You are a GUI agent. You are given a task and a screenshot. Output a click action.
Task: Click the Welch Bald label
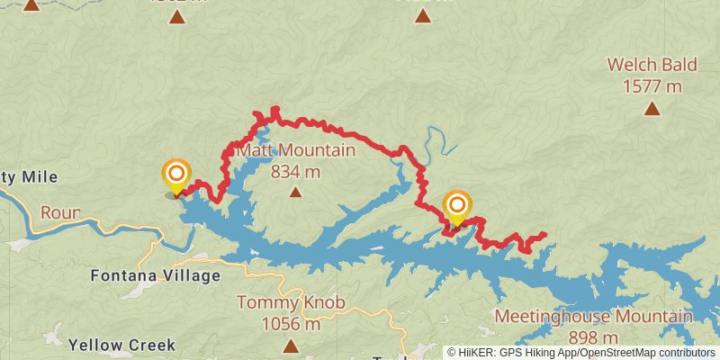pyautogui.click(x=651, y=66)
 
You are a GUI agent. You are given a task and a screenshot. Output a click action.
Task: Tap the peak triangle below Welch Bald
pyautogui.click(x=651, y=109)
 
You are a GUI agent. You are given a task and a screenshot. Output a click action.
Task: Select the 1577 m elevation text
pyautogui.click(x=651, y=86)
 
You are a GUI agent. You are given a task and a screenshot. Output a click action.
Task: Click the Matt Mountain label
pyautogui.click(x=296, y=150)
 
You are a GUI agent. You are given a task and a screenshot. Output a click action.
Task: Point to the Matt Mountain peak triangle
pyautogui.click(x=296, y=191)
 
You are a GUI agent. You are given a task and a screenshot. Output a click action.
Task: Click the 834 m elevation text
pyautogui.click(x=296, y=170)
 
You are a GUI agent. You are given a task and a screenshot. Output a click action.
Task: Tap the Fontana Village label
pyautogui.click(x=156, y=275)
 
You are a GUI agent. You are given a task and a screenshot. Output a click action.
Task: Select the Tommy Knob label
pyautogui.click(x=290, y=303)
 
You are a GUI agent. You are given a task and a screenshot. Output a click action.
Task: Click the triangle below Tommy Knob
pyautogui.click(x=290, y=346)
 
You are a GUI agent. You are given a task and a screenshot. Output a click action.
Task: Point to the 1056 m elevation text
pyautogui.click(x=290, y=324)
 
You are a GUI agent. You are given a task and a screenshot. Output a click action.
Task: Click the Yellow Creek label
pyautogui.click(x=121, y=345)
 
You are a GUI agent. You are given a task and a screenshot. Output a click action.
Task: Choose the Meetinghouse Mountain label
pyautogui.click(x=593, y=317)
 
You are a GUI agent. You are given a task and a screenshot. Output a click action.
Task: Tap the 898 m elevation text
pyautogui.click(x=593, y=337)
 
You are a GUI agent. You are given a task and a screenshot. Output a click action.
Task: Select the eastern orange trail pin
pyautogui.click(x=457, y=205)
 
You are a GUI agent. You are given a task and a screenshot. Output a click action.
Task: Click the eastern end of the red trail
pyautogui.click(x=544, y=236)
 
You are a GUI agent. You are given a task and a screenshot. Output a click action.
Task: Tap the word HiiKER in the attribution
pyautogui.click(x=477, y=352)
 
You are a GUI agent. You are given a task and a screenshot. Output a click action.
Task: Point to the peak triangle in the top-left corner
pyautogui.click(x=31, y=4)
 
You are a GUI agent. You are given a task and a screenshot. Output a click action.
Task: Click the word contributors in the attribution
pyautogui.click(x=686, y=352)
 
